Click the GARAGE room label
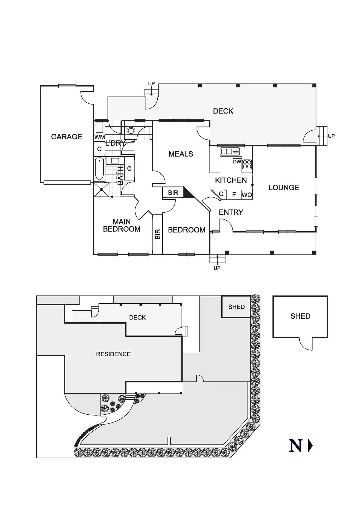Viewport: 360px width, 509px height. point(66,137)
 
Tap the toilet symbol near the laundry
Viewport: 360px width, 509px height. point(131,130)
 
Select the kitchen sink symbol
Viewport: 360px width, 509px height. point(230,151)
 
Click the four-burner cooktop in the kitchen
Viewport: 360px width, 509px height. point(247,164)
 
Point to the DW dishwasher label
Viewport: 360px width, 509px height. point(237,162)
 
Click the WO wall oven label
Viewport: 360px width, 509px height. point(246,195)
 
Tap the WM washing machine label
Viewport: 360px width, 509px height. point(99,137)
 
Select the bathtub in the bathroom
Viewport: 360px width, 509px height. point(99,169)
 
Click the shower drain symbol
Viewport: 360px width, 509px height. point(102,190)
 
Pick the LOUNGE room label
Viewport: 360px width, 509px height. point(284,187)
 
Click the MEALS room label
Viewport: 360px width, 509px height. point(181,154)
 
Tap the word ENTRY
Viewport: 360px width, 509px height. point(231,212)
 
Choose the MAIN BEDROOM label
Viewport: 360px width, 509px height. point(122,225)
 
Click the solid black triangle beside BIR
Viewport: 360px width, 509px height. point(188,194)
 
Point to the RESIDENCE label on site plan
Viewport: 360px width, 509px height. point(113,354)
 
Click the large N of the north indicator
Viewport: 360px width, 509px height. point(296,446)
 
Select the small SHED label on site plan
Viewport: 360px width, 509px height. point(236,307)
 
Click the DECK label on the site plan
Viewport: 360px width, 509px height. point(137,317)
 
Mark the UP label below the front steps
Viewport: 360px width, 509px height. point(217,268)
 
